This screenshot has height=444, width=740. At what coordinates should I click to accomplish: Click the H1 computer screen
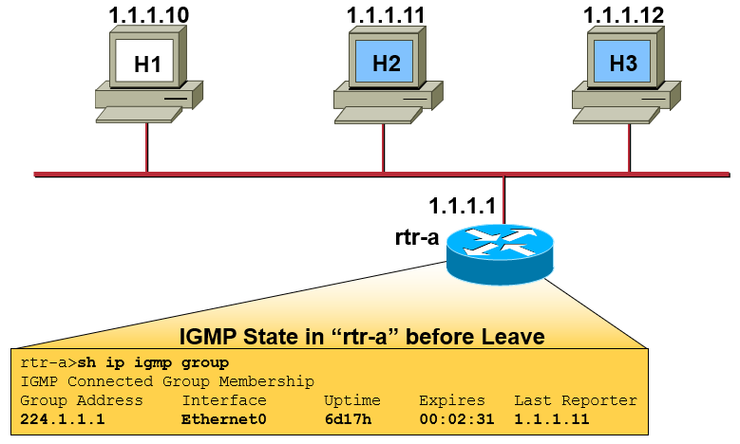145,64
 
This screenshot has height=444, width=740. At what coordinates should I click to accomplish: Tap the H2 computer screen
386,64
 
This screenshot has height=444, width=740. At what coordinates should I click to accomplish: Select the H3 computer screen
623,64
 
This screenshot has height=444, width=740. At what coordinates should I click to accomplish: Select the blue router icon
499,253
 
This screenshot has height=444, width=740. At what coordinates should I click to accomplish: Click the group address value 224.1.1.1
62,418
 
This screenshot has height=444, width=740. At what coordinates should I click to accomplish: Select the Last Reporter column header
575,400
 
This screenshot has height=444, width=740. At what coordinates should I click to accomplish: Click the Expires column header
451,400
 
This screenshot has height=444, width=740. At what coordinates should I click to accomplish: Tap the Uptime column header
351,400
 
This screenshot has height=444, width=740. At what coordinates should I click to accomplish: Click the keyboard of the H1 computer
140,114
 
